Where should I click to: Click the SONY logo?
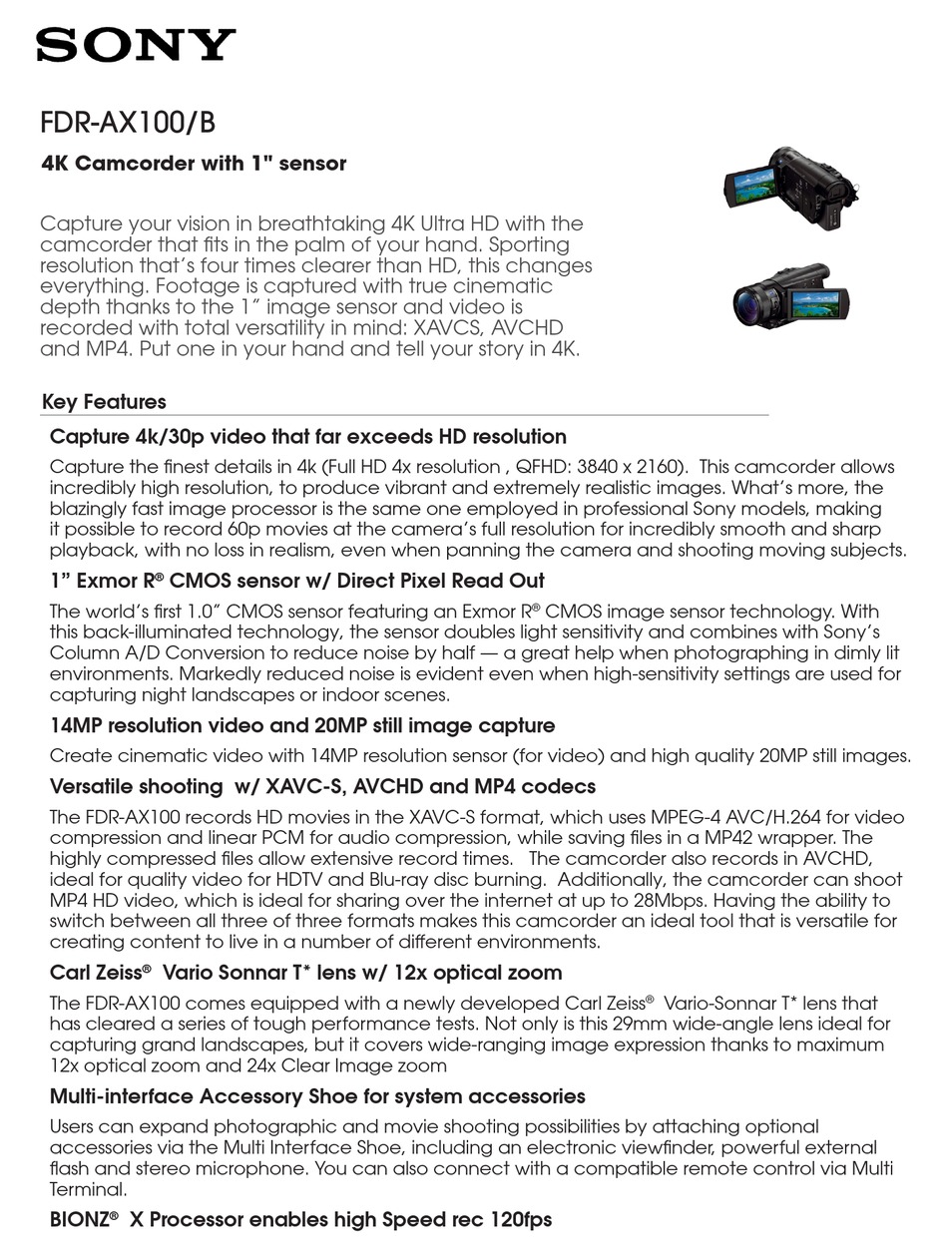[x=136, y=46]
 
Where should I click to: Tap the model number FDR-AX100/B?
[x=127, y=122]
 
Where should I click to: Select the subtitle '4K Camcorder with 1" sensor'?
[x=194, y=164]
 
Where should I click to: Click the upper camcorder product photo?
[x=789, y=187]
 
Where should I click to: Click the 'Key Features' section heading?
[x=104, y=402]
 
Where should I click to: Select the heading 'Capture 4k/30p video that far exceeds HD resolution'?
[x=307, y=437]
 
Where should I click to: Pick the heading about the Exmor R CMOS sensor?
[x=296, y=581]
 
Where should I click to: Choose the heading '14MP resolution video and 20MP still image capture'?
[x=301, y=725]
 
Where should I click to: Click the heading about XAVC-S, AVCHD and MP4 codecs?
[x=322, y=786]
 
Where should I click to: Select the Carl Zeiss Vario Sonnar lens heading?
[x=305, y=973]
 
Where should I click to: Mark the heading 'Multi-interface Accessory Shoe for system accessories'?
[x=317, y=1096]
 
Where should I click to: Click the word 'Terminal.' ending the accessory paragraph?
[x=88, y=1189]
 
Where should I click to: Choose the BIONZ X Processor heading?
[x=300, y=1219]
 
